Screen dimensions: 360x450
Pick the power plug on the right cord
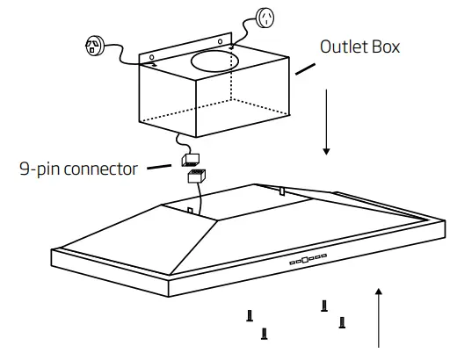tap(265, 18)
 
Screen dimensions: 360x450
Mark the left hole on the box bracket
tap(170, 46)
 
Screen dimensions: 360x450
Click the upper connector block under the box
tap(188, 159)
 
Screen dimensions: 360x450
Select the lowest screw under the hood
tap(265, 333)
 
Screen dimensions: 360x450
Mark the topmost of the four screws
tap(324, 304)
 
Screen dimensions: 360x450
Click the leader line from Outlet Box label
tap(306, 68)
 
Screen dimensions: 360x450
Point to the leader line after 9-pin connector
tap(159, 166)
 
